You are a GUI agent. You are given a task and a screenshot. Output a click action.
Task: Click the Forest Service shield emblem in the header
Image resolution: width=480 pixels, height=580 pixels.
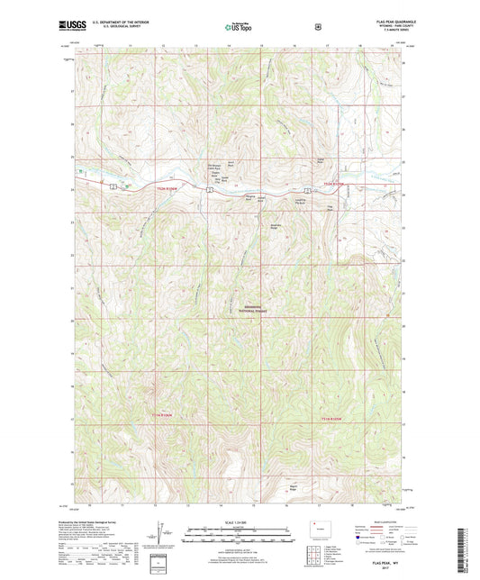tap(318, 27)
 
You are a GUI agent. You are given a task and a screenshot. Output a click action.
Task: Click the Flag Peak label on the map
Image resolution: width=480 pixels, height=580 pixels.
tap(330, 208)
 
